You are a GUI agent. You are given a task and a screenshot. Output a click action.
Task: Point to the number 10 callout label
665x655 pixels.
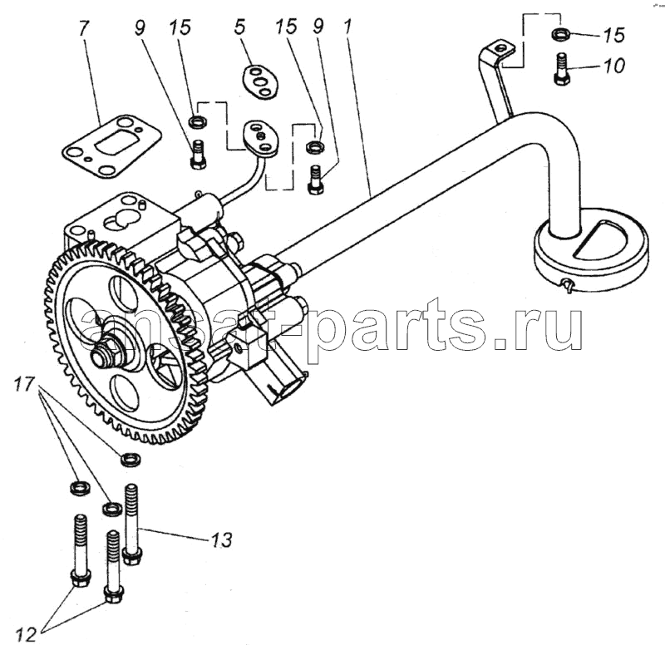(615, 66)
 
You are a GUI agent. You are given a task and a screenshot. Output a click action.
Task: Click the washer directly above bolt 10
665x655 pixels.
(560, 35)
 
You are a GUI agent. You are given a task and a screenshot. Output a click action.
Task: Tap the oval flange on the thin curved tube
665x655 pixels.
(261, 138)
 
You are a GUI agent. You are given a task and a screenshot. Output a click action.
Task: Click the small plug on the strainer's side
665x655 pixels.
(567, 286)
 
